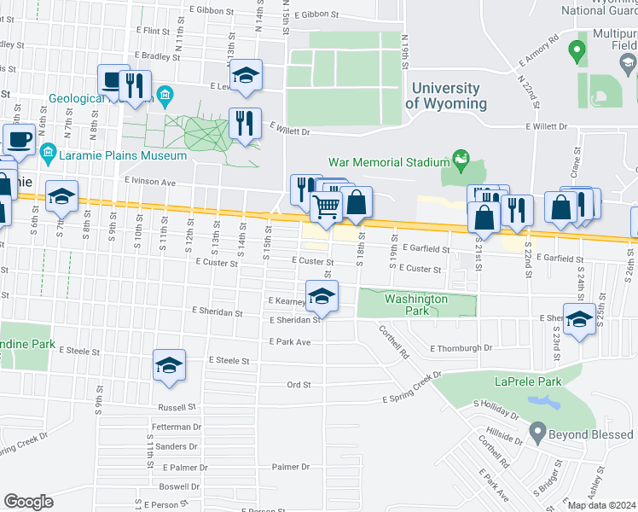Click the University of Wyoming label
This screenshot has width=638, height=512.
point(445,96)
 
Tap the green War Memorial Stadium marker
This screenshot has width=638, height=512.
point(461,158)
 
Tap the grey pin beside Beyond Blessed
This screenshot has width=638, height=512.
point(536,433)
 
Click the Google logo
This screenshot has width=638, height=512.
point(28,502)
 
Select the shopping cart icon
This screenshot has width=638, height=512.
point(326,206)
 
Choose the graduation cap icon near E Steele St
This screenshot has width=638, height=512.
point(169,364)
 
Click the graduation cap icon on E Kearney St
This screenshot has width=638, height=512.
point(322,295)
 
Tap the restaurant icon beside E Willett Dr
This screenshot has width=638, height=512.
point(245,124)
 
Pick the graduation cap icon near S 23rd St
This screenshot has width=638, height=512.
point(579,319)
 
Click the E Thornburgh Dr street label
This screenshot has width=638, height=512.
point(461,348)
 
